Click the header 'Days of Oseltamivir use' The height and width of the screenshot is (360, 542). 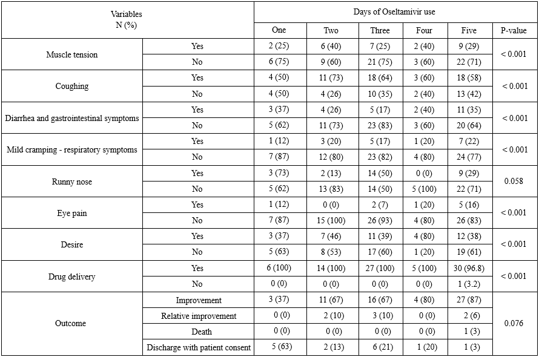click(394, 11)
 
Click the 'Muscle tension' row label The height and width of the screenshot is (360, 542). click(71, 54)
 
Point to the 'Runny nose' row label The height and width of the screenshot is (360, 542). click(71, 181)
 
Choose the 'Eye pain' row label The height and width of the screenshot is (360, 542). click(71, 212)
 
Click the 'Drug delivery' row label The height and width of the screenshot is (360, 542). click(71, 277)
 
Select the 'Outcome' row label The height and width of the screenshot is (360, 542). click(71, 323)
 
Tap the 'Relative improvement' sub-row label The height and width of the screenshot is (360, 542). click(198, 316)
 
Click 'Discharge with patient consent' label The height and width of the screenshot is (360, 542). click(198, 347)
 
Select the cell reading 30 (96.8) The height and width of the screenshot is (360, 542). click(469, 268)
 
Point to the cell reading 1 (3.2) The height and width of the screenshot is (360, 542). click(469, 284)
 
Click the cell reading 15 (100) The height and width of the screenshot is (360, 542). click(331, 221)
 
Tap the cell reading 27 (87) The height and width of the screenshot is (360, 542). click(469, 300)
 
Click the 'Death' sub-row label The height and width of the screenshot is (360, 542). click(198, 332)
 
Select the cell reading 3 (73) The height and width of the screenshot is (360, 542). click(279, 173)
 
